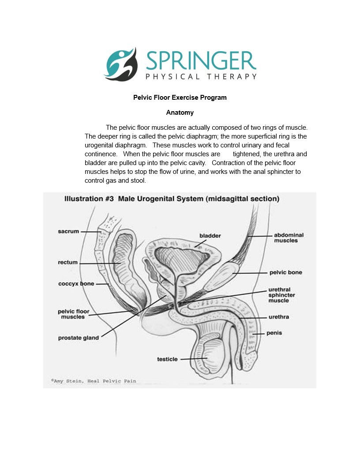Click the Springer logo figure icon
pyautogui.click(x=120, y=64)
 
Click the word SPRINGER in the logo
pyautogui.click(x=201, y=61)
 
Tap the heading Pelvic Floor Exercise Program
pyautogui.click(x=180, y=98)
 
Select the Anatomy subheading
pyautogui.click(x=180, y=113)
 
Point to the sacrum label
pyautogui.click(x=68, y=231)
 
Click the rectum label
pyautogui.click(x=68, y=263)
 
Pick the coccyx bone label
pyautogui.click(x=76, y=284)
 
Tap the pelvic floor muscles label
pyautogui.click(x=74, y=314)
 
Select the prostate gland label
pyautogui.click(x=79, y=338)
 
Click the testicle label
pyautogui.click(x=168, y=359)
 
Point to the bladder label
pyautogui.click(x=210, y=236)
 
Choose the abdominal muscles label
pyautogui.click(x=289, y=238)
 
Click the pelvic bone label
pyautogui.click(x=286, y=272)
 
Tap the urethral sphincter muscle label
pyautogui.click(x=281, y=295)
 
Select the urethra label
pyautogui.click(x=279, y=317)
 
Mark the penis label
pyautogui.click(x=274, y=333)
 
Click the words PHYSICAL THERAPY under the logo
pyautogui.click(x=201, y=77)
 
